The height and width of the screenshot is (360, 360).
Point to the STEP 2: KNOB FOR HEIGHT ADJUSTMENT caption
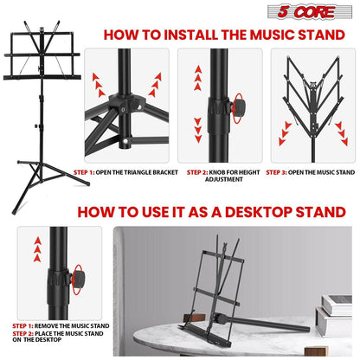click(220, 176)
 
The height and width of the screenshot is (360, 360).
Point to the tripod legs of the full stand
click(42, 177)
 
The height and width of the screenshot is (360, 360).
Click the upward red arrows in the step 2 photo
click(197, 78)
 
